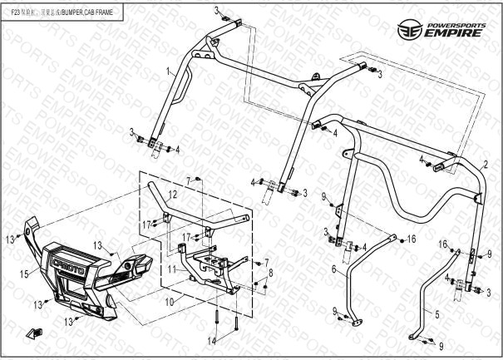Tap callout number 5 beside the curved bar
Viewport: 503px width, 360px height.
[x=436, y=315]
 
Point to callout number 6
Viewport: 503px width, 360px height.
[x=333, y=270]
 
